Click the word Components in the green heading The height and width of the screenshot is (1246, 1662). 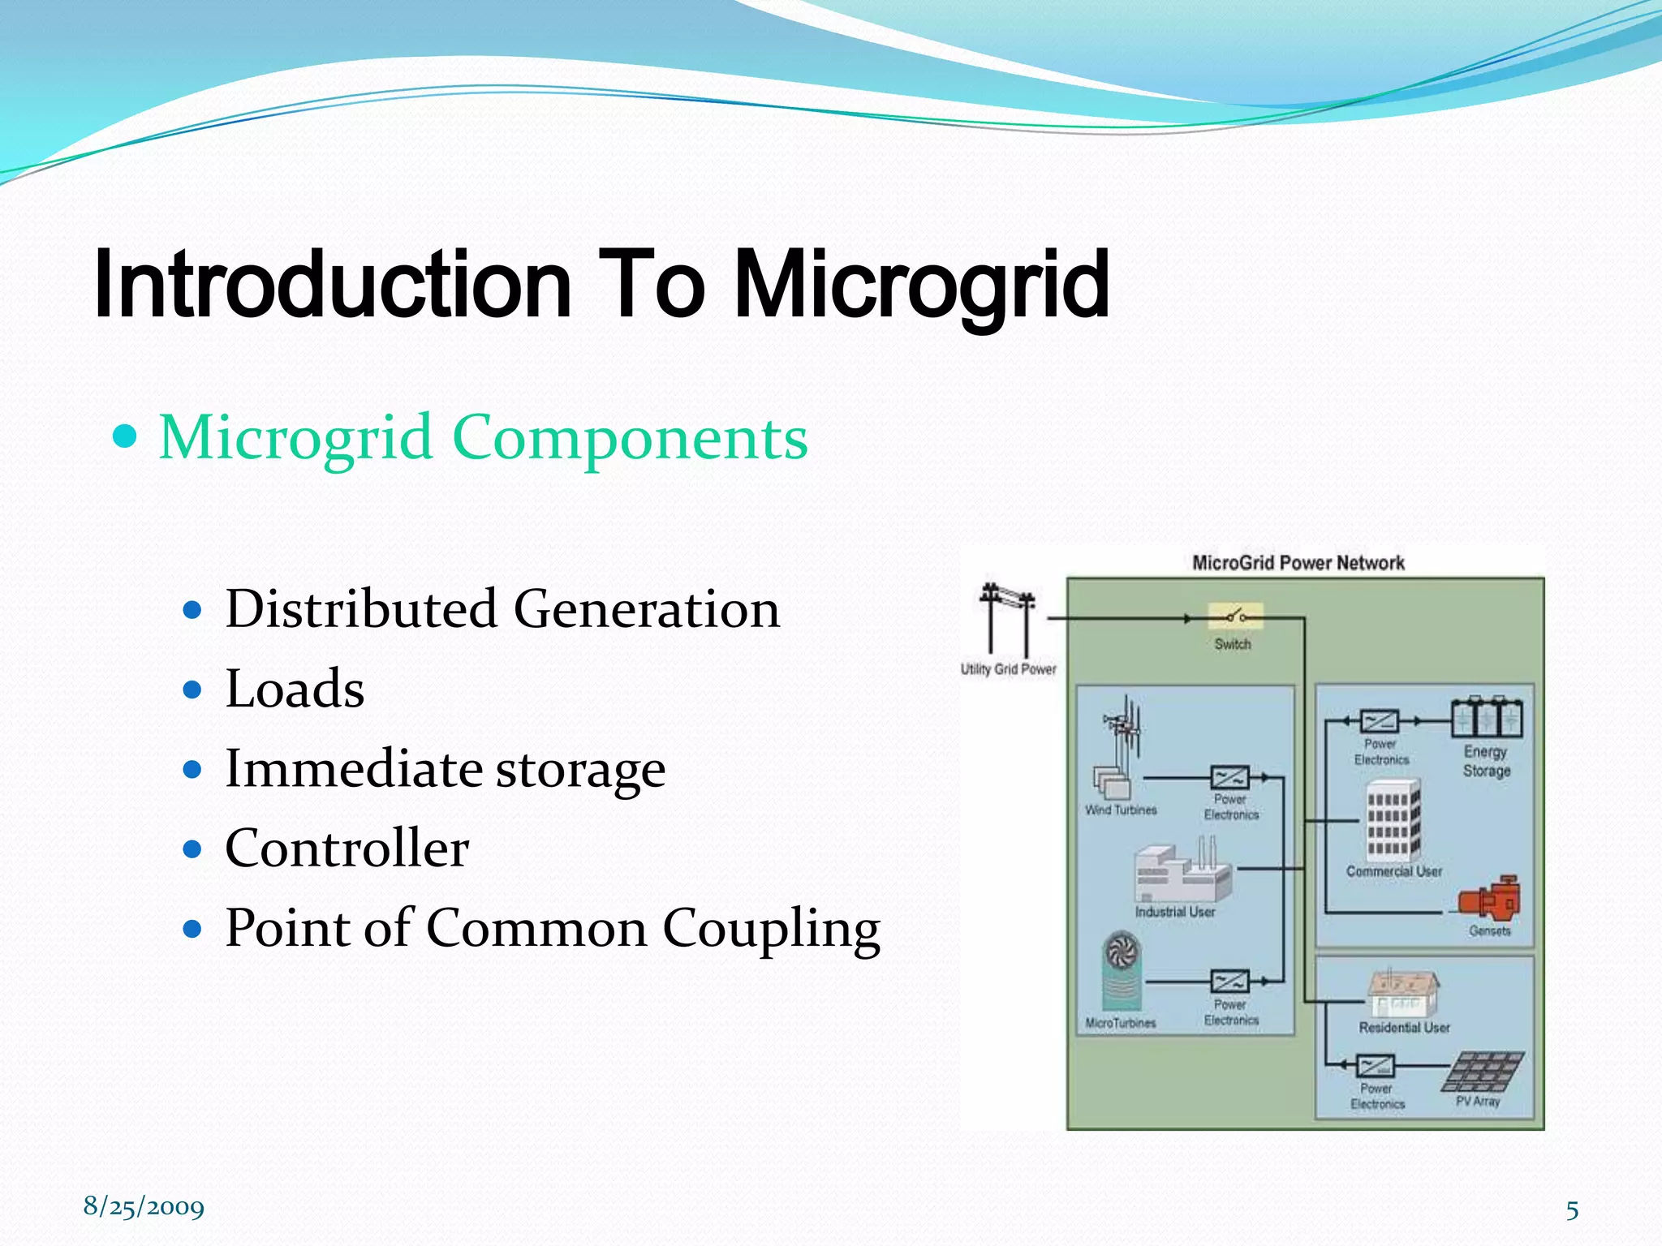tap(630, 438)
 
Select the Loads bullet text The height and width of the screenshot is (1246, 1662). tap(295, 689)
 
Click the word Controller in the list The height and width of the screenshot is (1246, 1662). tap(347, 849)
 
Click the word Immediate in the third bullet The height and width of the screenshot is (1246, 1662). tap(352, 768)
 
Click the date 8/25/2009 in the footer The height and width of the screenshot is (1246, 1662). tap(144, 1207)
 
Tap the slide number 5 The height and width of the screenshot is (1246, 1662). tap(1571, 1210)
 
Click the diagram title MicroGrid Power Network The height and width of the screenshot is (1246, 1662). tap(1298, 563)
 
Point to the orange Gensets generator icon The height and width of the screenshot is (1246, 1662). tap(1490, 897)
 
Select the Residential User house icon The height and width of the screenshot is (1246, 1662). tap(1402, 993)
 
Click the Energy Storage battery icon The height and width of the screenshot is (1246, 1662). tap(1486, 716)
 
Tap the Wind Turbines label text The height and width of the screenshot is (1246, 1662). tap(1121, 810)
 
